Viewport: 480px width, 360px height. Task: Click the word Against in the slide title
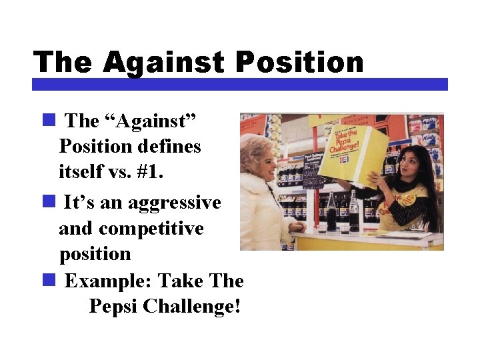[x=165, y=63]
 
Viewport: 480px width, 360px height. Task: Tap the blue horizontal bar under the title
[x=240, y=85]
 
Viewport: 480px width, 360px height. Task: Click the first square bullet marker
[x=48, y=120]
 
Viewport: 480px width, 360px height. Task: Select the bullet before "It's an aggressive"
[x=48, y=201]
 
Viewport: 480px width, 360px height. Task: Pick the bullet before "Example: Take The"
[x=48, y=280]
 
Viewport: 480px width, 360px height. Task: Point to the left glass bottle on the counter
[x=331, y=212]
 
